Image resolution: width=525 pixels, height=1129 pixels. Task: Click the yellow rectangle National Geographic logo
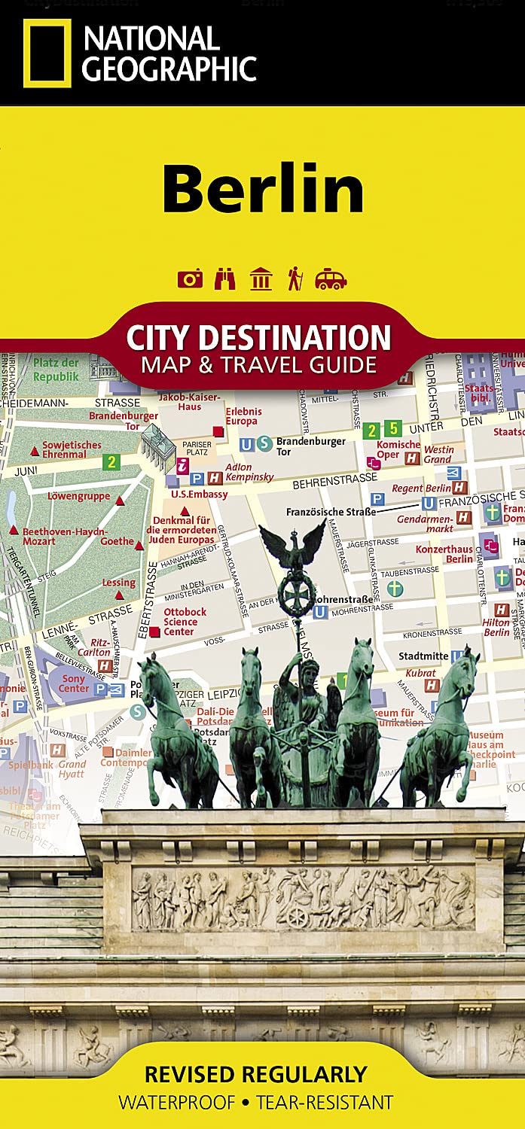tap(47, 53)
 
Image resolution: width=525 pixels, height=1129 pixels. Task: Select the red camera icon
tap(190, 279)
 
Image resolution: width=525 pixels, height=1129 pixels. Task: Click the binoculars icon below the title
tap(225, 279)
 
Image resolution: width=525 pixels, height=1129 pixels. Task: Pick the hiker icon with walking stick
tap(295, 279)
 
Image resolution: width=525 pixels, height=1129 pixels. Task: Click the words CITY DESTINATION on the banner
tap(258, 338)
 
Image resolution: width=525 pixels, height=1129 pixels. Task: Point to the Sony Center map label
tap(74, 683)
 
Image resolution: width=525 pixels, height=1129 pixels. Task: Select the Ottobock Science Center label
tap(185, 622)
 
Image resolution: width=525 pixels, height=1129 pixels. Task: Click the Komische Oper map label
tap(398, 449)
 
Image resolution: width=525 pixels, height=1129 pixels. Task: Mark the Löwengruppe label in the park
tap(78, 497)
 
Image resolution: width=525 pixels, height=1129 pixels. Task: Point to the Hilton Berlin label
tap(496, 628)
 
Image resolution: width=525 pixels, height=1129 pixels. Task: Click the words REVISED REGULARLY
tap(255, 1074)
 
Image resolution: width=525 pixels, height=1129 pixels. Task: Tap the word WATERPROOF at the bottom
tap(178, 1103)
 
